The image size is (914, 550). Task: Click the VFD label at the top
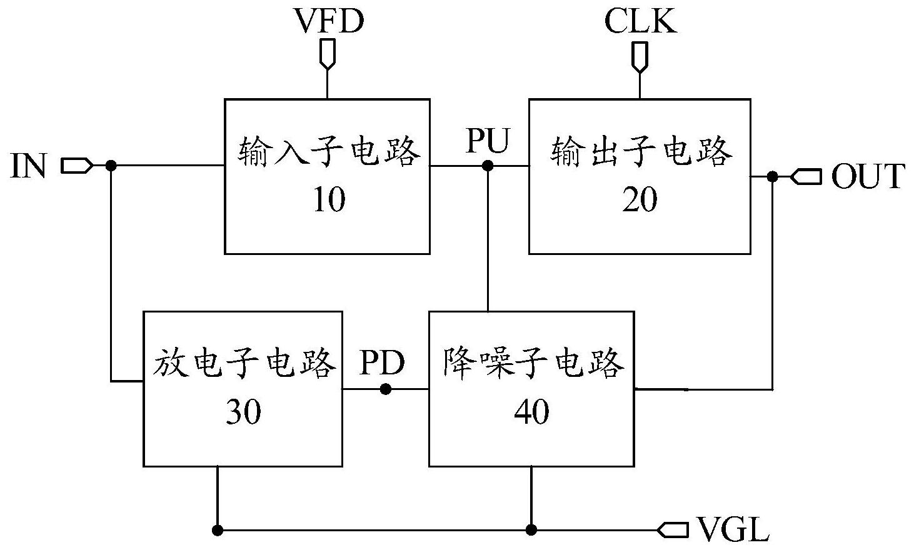pos(329,21)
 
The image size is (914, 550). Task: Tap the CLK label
pos(640,21)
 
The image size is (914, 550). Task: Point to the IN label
pos(28,166)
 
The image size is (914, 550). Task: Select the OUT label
pos(868,176)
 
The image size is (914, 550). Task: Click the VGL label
pos(733,529)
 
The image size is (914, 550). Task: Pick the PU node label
pos(488,140)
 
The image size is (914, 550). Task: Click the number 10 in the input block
pos(329,199)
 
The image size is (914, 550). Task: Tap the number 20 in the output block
pos(640,199)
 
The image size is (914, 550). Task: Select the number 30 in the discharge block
pos(243,412)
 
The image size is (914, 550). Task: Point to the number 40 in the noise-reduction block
pos(531,412)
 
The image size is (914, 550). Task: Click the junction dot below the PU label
pos(488,166)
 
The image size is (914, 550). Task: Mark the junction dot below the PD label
pos(386,389)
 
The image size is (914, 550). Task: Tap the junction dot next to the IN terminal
pos(111,166)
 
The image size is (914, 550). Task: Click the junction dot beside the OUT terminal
pos(772,176)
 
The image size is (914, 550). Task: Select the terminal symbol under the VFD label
pos(328,54)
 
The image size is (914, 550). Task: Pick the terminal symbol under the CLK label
pos(640,57)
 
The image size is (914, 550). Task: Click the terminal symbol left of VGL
pos(673,530)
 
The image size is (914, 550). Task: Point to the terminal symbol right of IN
pos(77,166)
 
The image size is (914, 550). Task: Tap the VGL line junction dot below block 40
pos(531,530)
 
